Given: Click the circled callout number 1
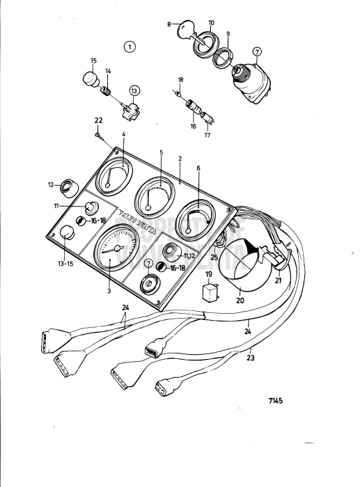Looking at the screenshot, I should (x=128, y=47).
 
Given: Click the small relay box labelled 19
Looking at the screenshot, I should (x=210, y=291).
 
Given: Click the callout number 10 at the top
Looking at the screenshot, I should (x=211, y=23).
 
